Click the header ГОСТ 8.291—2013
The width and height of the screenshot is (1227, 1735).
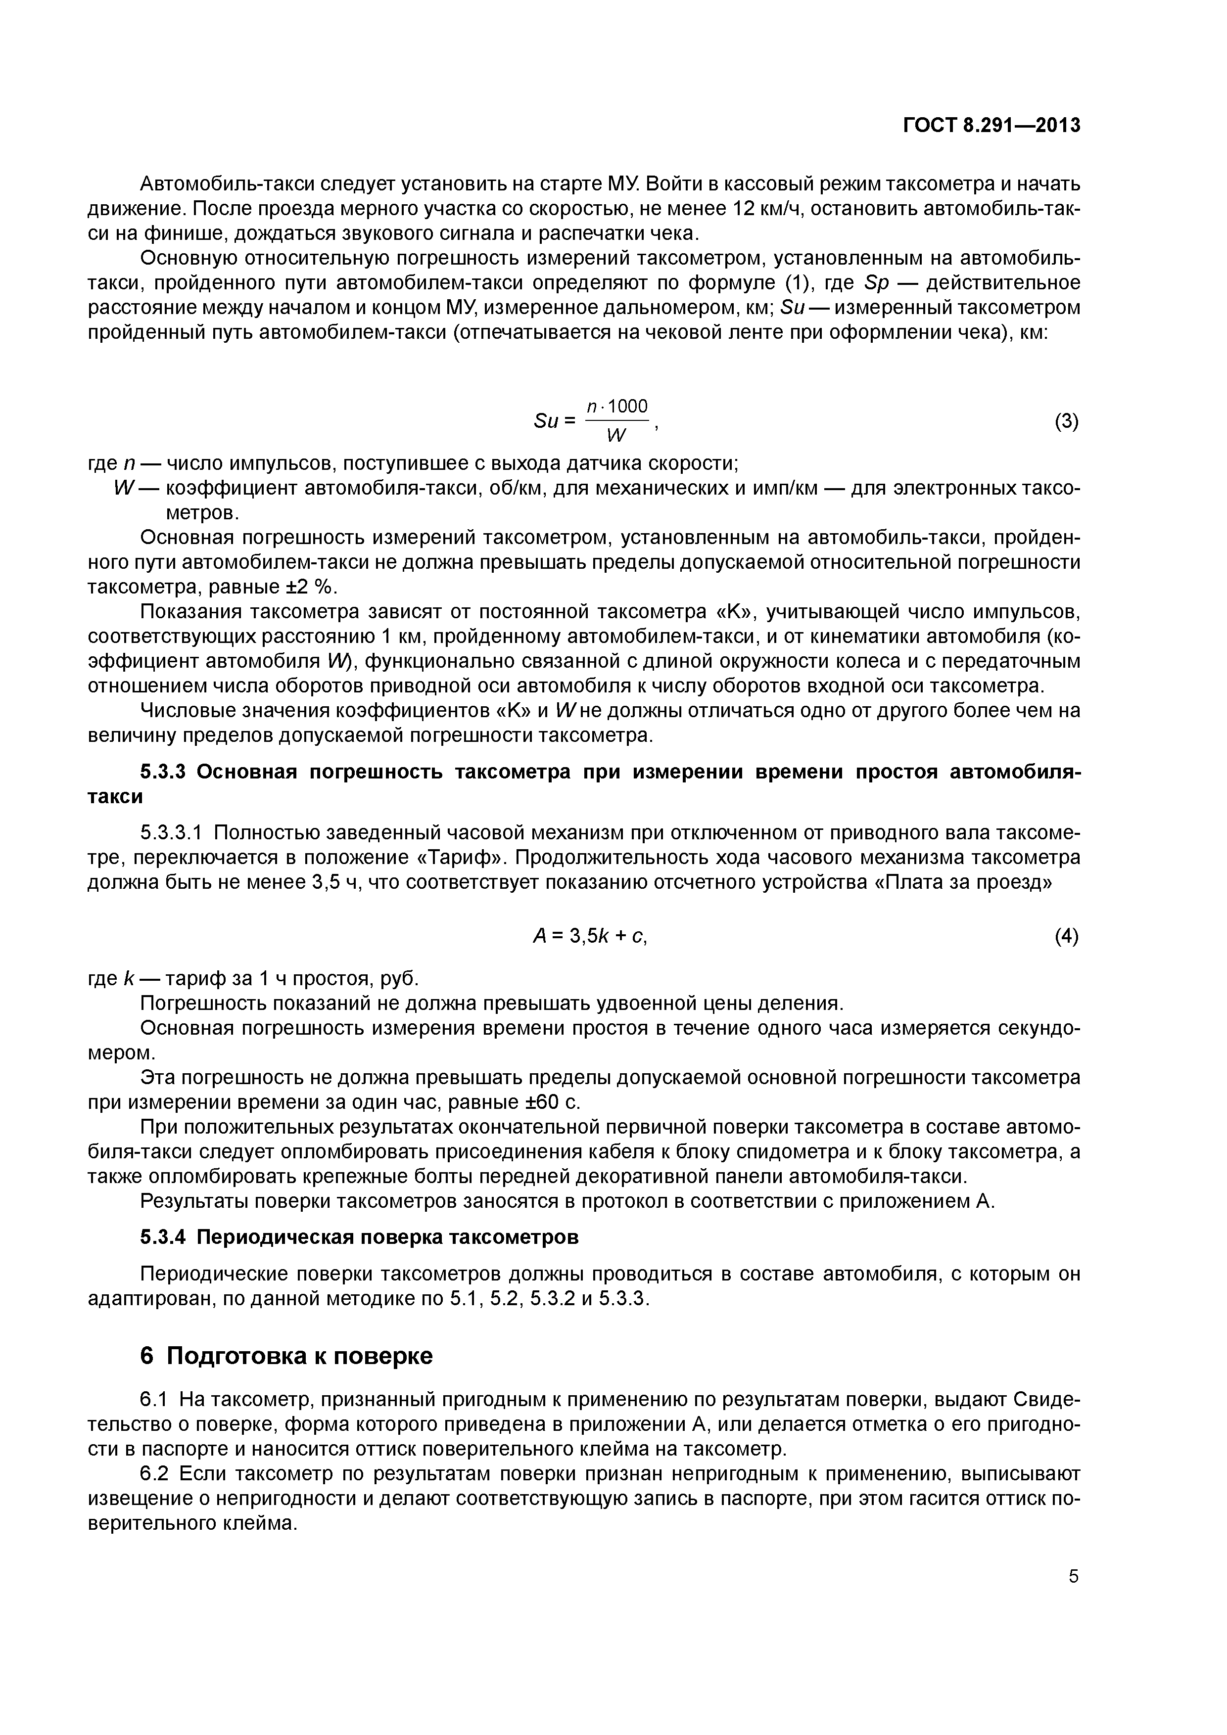click(x=992, y=126)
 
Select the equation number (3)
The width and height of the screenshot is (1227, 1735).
click(x=1066, y=422)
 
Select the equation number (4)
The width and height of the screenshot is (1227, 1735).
click(x=1066, y=937)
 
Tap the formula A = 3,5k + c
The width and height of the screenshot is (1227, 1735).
click(x=590, y=937)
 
